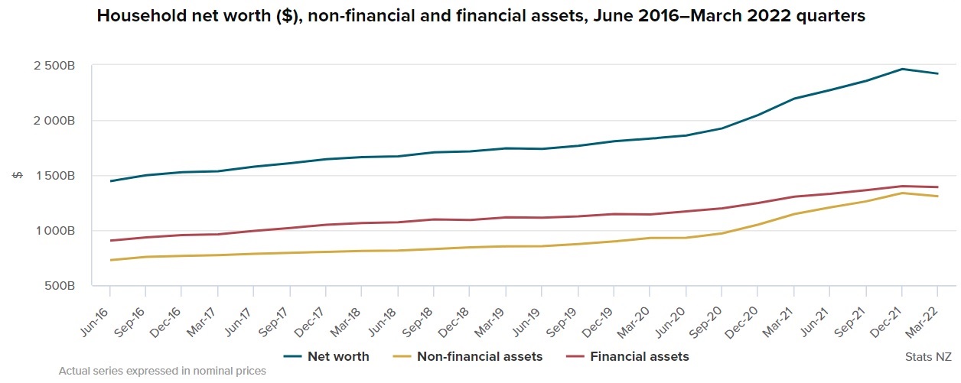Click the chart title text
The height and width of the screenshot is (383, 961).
point(480,16)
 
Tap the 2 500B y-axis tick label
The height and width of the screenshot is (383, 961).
point(54,66)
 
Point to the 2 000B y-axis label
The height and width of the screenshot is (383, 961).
point(54,121)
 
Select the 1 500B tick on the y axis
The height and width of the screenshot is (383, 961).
point(54,176)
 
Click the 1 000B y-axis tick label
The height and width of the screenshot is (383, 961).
point(54,231)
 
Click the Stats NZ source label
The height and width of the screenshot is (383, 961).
point(928,356)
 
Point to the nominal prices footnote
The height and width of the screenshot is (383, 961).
point(162,372)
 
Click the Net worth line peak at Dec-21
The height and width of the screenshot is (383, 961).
point(902,69)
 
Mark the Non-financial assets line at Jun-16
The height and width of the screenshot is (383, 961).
point(110,260)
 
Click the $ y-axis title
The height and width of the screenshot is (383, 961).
point(18,176)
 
